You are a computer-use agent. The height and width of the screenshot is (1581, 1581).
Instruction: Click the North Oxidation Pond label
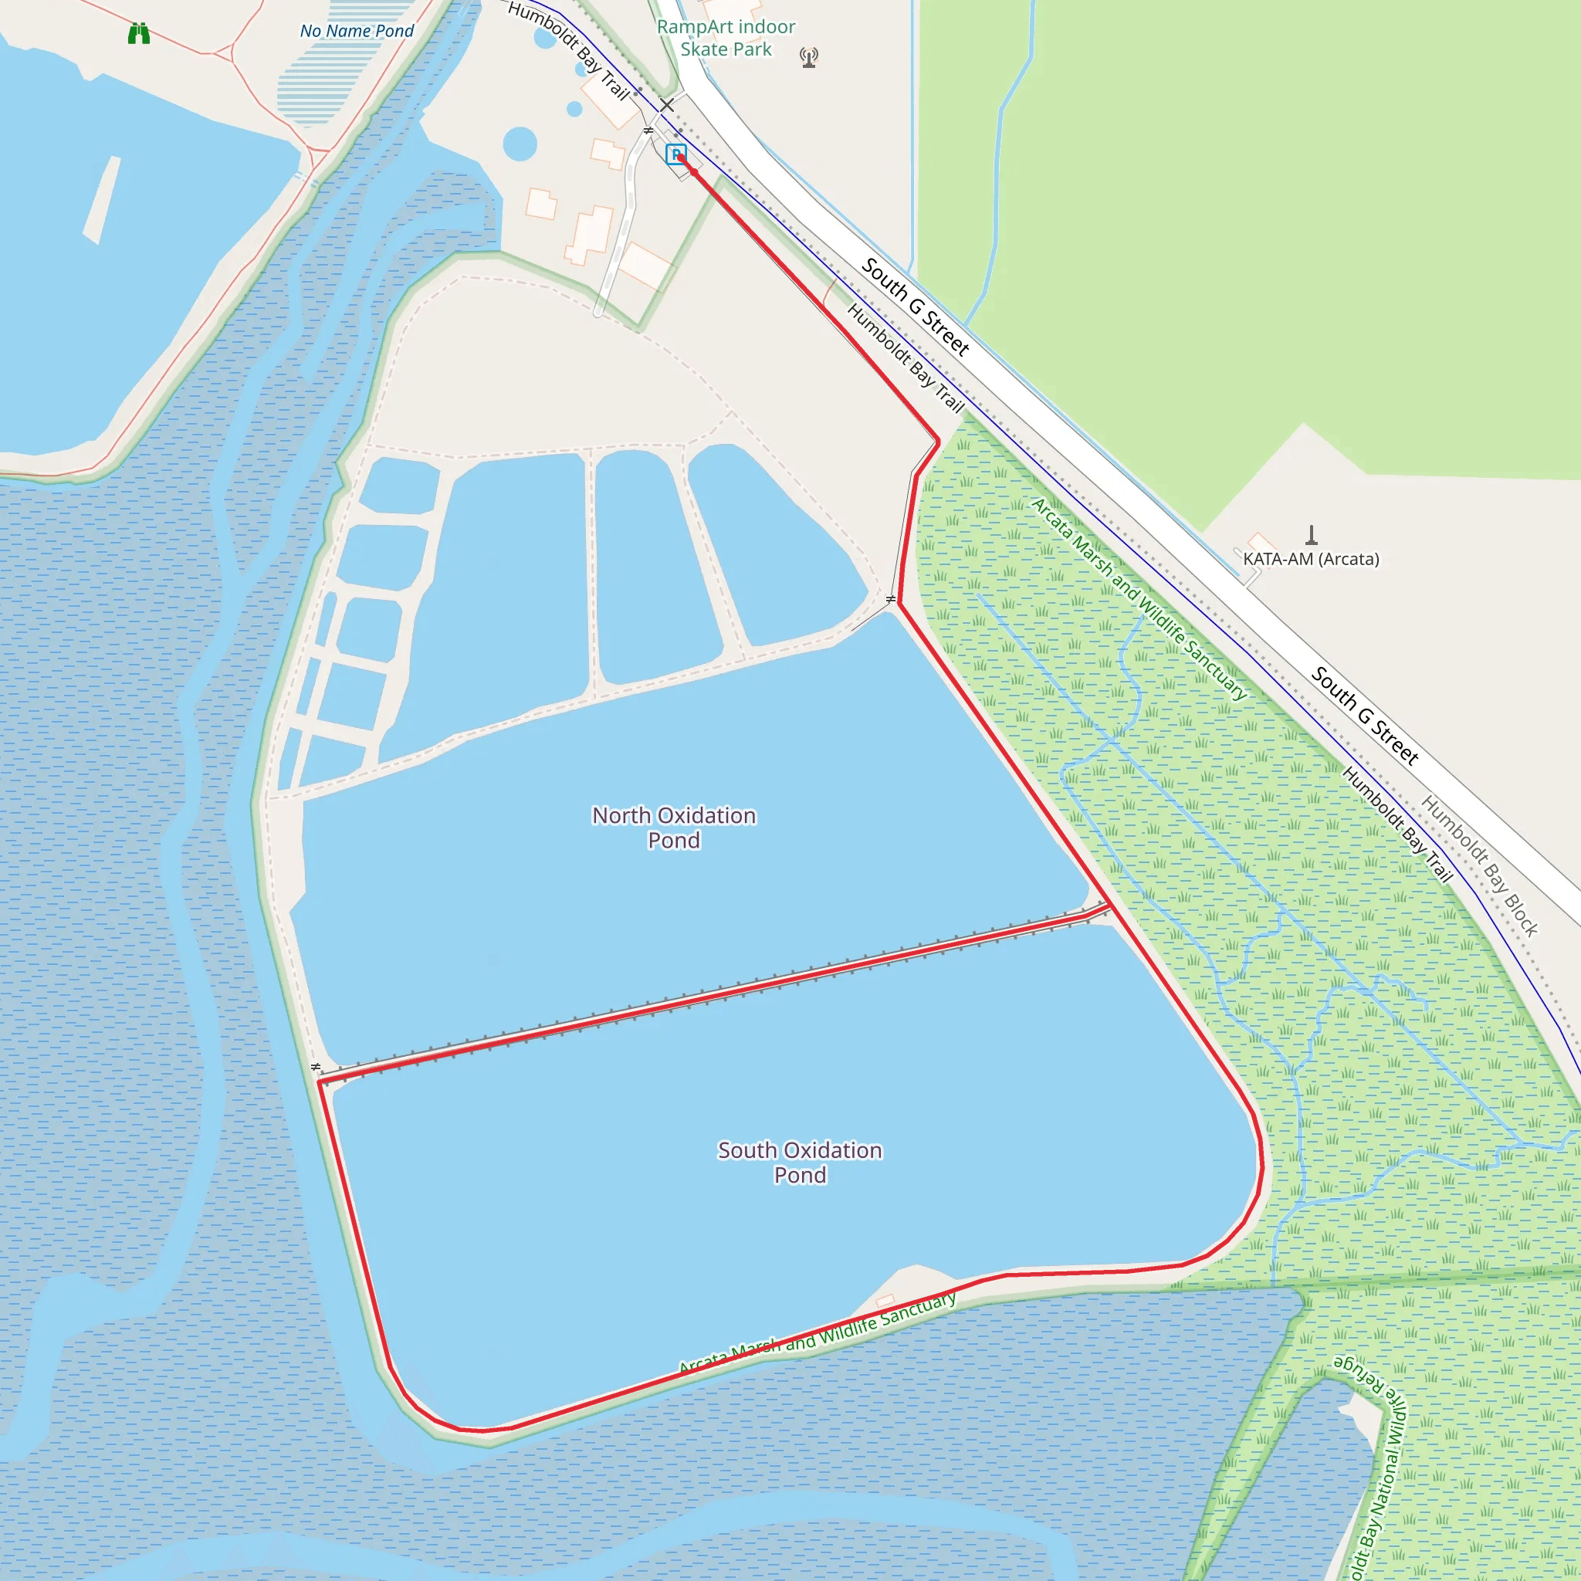[673, 828]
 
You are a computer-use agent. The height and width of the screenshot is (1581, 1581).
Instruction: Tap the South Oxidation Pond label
[800, 1162]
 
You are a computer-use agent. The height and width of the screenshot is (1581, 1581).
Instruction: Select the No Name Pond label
[357, 31]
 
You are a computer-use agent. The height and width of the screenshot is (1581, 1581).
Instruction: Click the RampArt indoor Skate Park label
[726, 38]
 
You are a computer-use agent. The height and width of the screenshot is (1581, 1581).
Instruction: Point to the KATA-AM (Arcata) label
[1311, 559]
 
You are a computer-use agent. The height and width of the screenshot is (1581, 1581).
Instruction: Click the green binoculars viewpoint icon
[139, 33]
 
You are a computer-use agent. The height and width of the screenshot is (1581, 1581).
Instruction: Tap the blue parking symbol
[675, 153]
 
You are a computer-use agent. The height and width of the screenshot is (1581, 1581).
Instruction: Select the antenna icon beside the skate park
[808, 57]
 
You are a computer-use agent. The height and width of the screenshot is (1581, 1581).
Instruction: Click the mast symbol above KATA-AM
[1311, 535]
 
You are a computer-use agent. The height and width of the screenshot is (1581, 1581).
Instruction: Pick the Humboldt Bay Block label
[1480, 865]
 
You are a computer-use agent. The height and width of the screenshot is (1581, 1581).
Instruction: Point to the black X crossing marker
[667, 105]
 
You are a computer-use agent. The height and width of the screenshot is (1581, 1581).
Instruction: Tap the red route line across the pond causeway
[712, 994]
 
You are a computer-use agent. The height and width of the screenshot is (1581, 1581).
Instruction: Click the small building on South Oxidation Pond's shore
[885, 1301]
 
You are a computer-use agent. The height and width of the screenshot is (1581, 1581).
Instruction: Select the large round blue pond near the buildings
[520, 144]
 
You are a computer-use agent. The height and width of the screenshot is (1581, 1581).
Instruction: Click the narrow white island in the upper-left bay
[101, 200]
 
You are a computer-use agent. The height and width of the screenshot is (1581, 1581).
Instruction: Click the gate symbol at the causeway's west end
[316, 1067]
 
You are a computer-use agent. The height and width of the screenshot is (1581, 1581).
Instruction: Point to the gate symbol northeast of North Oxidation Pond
[890, 600]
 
